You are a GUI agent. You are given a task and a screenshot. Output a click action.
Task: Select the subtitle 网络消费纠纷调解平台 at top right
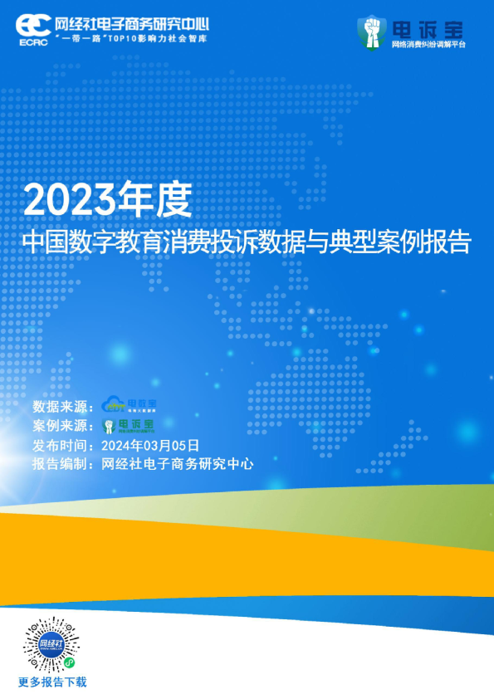point(428,44)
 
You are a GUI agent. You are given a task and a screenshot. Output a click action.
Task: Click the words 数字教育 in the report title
point(114,242)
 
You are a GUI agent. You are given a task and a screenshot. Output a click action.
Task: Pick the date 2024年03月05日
point(150,445)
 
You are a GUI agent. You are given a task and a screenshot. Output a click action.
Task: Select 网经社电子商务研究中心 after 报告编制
point(177,464)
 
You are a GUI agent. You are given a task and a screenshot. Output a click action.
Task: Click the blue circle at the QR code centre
point(51,644)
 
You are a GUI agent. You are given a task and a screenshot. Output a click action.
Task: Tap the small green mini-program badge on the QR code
point(70,663)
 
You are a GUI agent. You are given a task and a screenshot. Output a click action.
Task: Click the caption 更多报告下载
point(52,682)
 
